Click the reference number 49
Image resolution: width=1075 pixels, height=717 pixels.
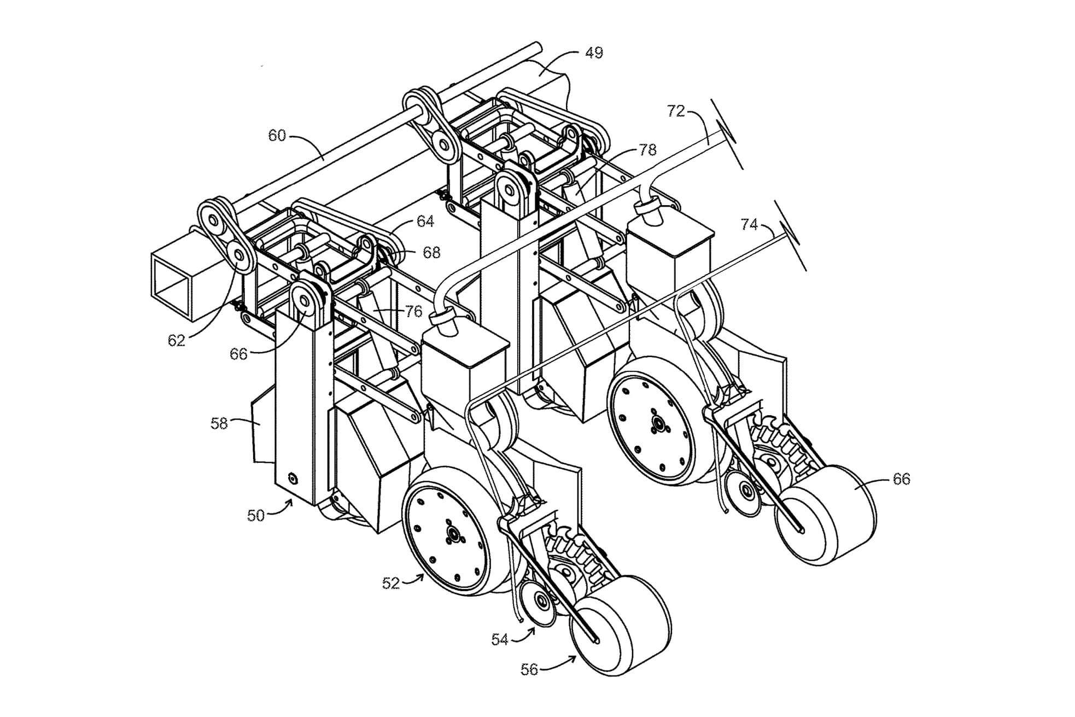pyautogui.click(x=594, y=53)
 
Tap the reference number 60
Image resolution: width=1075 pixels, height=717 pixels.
pyautogui.click(x=277, y=135)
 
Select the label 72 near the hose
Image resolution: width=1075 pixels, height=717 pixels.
pyautogui.click(x=676, y=111)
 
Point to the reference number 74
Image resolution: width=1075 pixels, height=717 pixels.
pyautogui.click(x=749, y=224)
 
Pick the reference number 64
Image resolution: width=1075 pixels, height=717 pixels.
pyautogui.click(x=425, y=221)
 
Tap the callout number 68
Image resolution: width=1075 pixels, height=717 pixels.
pyautogui.click(x=431, y=252)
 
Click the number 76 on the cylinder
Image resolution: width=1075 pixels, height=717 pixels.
pyautogui.click(x=414, y=311)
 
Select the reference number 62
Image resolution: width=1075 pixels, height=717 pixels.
pyautogui.click(x=176, y=341)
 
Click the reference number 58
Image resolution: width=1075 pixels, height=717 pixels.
pyautogui.click(x=219, y=423)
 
